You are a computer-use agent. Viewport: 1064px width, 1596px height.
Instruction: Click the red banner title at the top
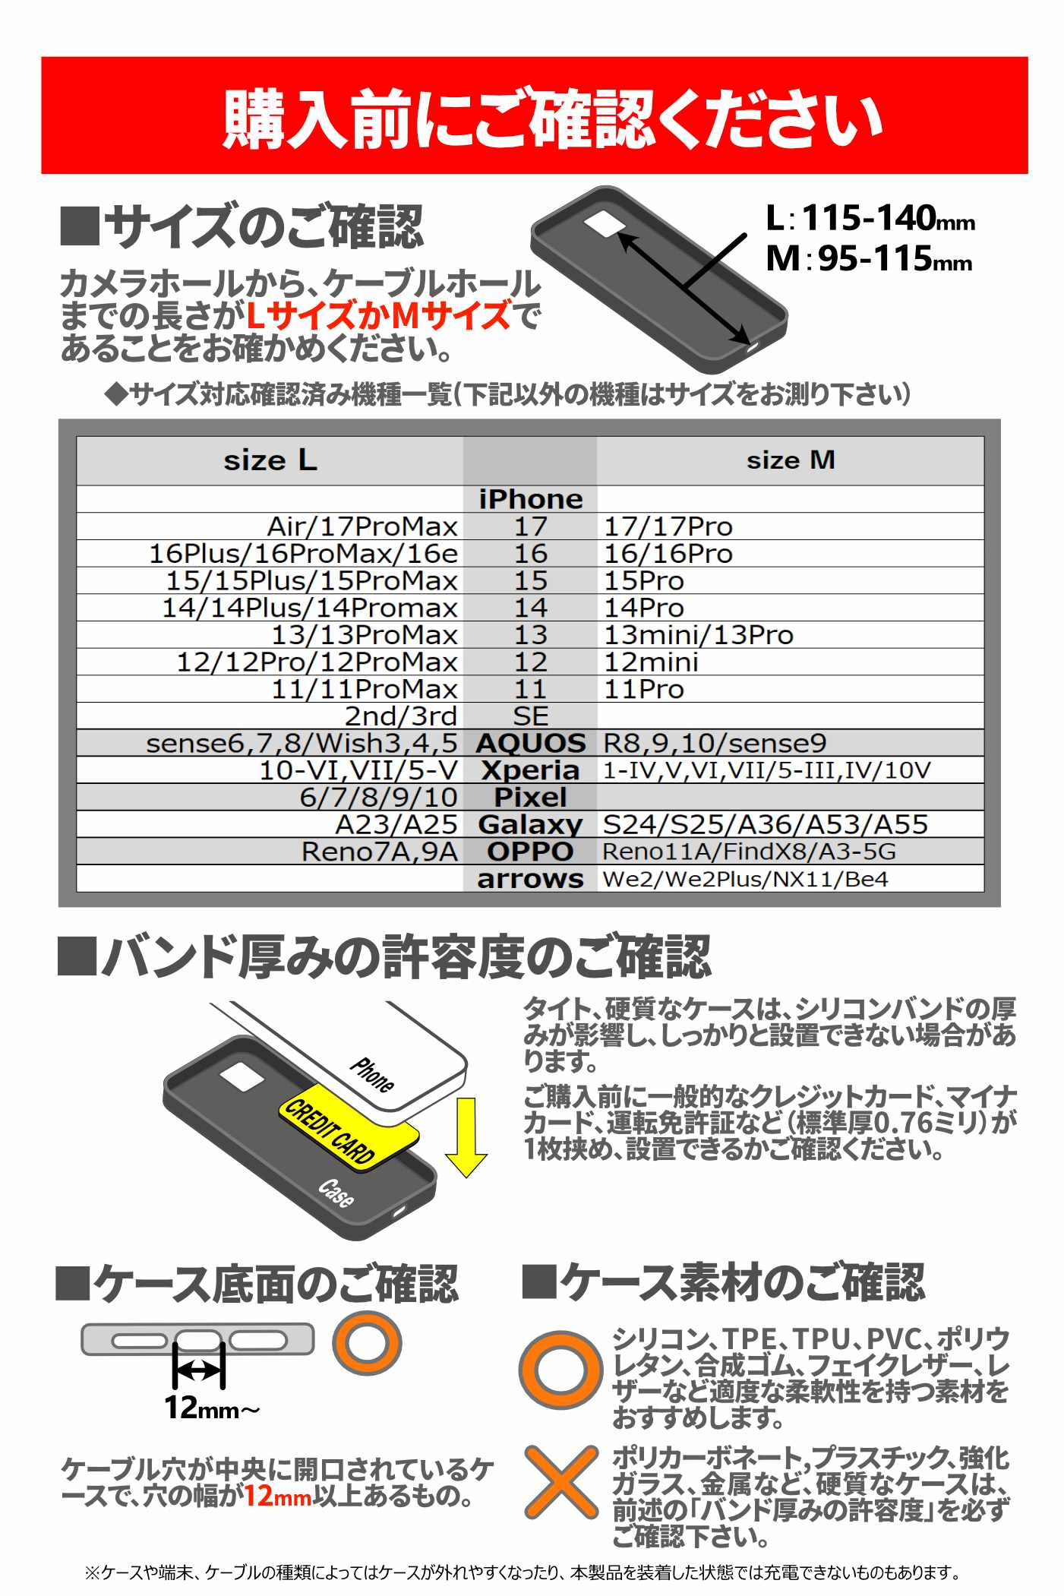551,118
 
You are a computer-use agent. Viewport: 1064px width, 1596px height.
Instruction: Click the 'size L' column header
270,460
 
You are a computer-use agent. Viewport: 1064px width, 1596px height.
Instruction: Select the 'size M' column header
790,460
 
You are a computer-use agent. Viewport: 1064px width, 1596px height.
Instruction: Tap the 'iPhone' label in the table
530,499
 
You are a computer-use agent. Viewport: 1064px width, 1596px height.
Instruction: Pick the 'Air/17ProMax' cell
362,526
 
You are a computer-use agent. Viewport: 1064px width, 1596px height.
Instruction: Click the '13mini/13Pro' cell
698,635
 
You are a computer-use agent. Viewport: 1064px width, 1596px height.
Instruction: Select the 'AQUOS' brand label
530,743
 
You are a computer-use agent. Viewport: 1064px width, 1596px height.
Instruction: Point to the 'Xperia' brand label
530,770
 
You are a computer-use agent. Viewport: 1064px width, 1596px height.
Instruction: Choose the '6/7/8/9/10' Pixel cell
378,798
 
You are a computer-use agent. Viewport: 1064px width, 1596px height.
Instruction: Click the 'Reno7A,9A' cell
379,852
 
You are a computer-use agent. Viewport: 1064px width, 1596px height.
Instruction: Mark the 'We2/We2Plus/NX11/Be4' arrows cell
745,879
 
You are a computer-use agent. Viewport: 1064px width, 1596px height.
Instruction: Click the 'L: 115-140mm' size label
870,219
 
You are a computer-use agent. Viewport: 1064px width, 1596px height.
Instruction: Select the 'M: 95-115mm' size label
868,259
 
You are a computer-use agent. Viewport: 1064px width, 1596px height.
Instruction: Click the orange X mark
560,1482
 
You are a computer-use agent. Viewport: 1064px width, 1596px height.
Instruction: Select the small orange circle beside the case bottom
367,1342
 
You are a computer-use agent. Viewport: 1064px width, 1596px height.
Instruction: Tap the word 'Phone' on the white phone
372,1074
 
